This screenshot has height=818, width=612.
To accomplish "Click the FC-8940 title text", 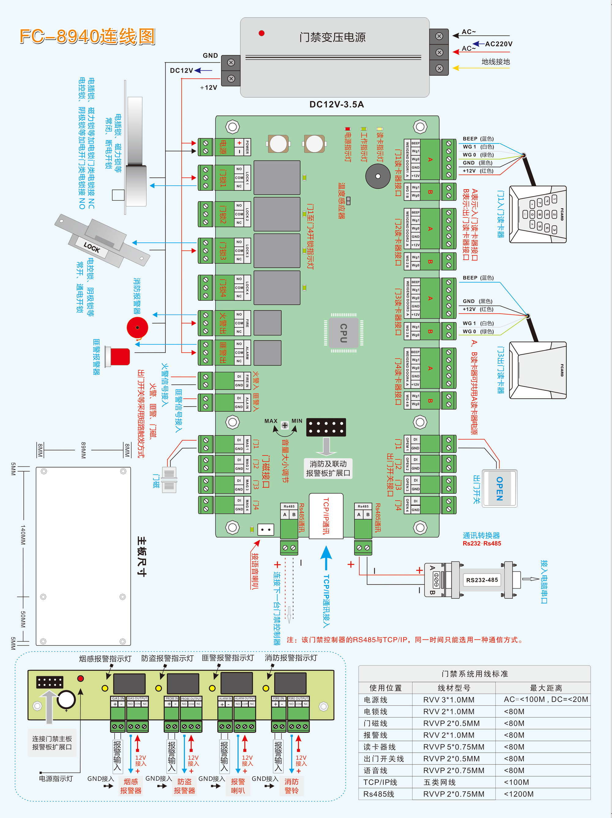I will coord(87,36).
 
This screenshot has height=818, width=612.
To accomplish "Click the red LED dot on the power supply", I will coord(262,33).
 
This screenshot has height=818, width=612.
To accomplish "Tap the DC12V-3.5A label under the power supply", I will coord(336,105).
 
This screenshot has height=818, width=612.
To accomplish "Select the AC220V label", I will coord(498,44).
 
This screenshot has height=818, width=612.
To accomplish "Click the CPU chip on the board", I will coord(343,333).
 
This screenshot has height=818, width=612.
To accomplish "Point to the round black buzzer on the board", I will coord(378,176).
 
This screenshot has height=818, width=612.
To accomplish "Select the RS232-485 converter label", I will coord(482,580).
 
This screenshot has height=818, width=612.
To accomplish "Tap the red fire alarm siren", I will coord(137,328).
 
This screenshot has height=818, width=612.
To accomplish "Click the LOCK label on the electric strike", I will coord(92,247).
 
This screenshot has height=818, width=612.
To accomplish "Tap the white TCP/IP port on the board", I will coord(326,516).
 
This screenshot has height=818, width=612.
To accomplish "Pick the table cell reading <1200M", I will coord(519,794).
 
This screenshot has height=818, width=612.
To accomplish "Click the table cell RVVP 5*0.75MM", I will coord(453,747).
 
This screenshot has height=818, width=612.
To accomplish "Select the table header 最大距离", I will coord(546,688).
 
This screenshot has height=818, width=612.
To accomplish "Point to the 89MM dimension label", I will coord(83,450).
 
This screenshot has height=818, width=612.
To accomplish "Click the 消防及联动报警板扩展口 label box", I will coord(328,468).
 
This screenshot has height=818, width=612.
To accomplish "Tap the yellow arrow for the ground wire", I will coord(456,68).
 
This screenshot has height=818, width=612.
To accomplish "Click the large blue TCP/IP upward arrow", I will coord(326,557).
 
